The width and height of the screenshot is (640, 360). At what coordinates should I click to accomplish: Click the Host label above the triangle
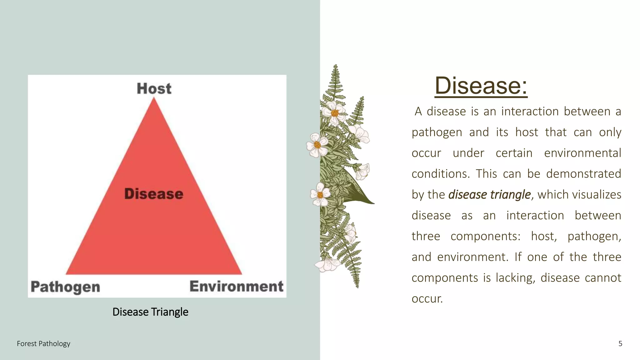(x=154, y=88)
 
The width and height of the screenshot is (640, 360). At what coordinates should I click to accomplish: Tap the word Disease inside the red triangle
(x=154, y=194)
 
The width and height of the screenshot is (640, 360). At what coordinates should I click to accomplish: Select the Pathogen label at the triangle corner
(x=65, y=287)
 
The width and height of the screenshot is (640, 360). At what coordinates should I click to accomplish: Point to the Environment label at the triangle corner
(x=236, y=286)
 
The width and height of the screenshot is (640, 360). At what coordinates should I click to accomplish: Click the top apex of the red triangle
(x=154, y=99)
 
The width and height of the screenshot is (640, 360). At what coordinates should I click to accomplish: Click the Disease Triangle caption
(x=150, y=312)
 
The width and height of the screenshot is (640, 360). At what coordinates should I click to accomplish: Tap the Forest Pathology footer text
(x=43, y=343)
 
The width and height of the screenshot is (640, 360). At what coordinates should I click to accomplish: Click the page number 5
(x=620, y=343)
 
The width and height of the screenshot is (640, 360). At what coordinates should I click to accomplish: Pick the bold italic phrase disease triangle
(x=489, y=194)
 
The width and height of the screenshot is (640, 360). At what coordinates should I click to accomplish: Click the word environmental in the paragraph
(x=582, y=153)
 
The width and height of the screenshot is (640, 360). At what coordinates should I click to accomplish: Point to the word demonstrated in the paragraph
(x=583, y=174)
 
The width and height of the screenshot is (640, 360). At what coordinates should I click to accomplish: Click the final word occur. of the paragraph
(x=427, y=298)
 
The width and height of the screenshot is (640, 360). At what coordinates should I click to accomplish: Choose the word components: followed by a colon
(x=485, y=236)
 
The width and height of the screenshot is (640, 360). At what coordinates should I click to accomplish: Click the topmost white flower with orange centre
(x=334, y=112)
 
